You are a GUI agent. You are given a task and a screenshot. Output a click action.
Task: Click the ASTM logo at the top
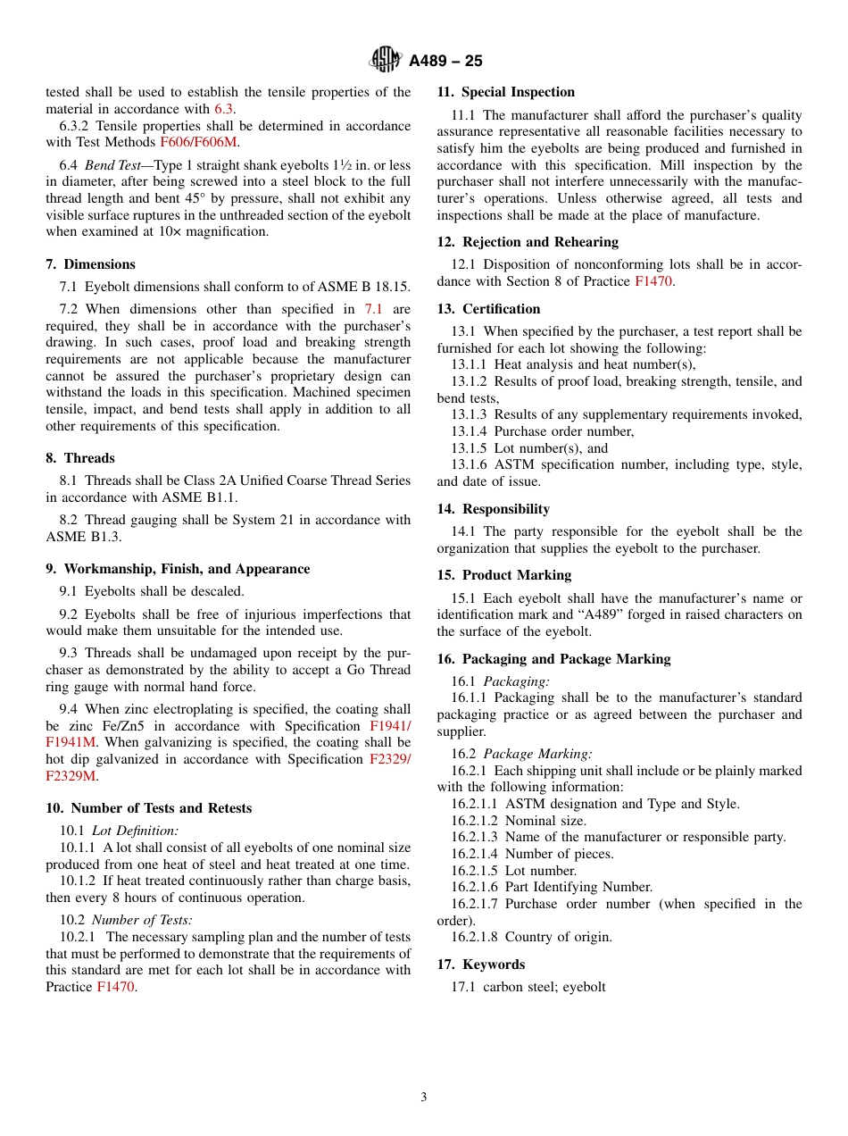pos(387,60)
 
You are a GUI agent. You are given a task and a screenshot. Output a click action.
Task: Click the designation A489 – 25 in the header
pos(445,61)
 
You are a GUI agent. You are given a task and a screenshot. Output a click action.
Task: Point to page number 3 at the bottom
pos(424,1097)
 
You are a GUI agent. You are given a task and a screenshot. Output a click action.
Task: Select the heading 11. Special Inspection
pos(505,92)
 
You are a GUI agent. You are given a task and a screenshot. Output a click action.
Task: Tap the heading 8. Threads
pos(80,458)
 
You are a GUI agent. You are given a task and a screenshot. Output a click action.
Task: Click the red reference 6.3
pos(224,109)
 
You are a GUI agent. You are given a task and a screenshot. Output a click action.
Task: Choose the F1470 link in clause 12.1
pos(653,281)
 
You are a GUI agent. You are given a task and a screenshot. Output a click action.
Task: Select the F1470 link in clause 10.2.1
pos(115,987)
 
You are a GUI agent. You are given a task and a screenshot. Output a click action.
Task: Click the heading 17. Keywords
pos(480,965)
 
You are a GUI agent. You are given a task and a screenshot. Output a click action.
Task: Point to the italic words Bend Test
pos(113,165)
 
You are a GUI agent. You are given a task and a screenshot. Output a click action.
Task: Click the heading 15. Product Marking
pos(503,575)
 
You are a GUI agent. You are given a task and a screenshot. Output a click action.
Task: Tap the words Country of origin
pos(558,937)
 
